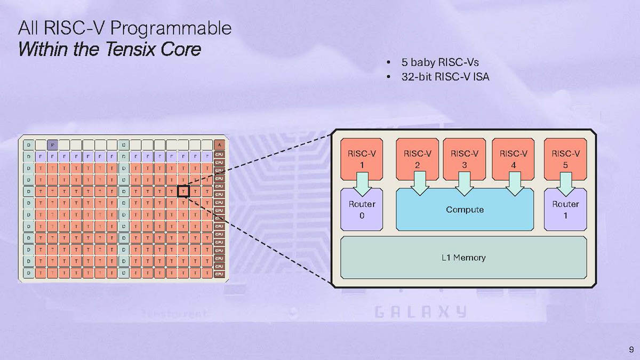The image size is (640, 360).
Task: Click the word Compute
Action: pos(465,210)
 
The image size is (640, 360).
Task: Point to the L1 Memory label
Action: pos(463,258)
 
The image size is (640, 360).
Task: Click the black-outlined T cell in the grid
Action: pos(183,190)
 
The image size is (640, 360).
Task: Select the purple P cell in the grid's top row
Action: pos(52,145)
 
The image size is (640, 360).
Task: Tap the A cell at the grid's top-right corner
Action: pos(219,145)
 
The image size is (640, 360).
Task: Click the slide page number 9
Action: pos(631,349)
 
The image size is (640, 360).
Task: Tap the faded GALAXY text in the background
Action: pos(421,312)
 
